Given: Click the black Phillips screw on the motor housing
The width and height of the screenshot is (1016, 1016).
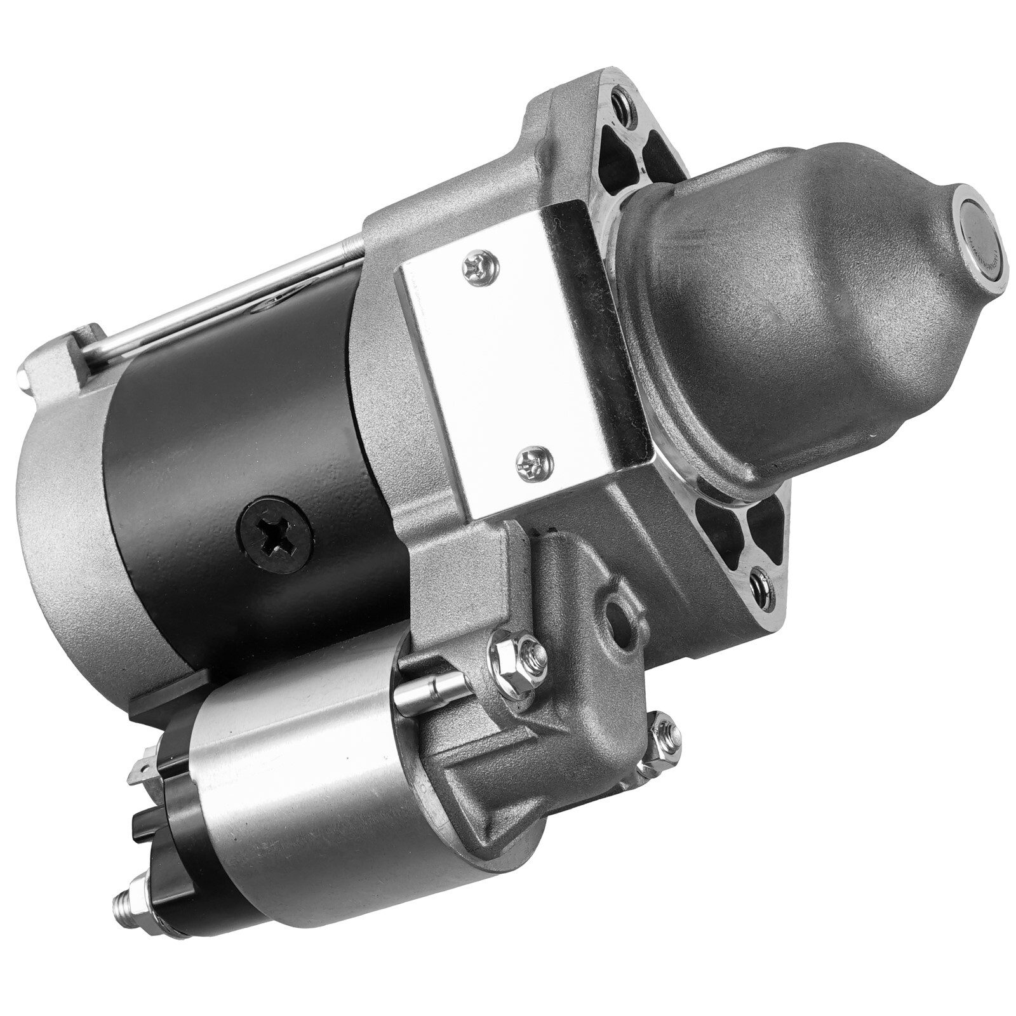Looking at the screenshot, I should tap(274, 535).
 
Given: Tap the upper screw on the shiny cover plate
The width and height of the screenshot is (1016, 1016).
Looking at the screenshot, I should tap(481, 267).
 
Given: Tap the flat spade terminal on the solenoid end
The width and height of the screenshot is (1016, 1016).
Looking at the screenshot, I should tap(141, 772).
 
